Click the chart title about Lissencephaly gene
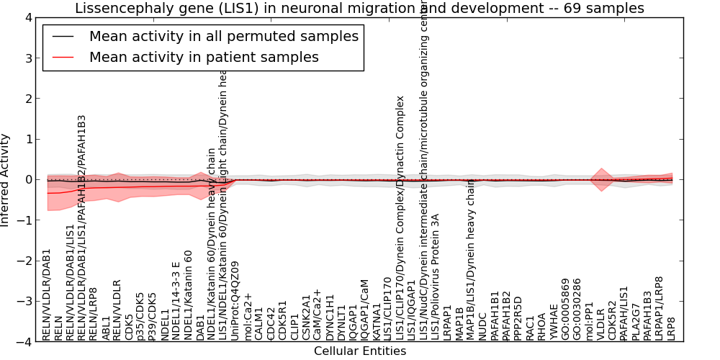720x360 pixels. point(359,8)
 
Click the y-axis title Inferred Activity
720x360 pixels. point(6,179)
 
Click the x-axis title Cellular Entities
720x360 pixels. point(359,351)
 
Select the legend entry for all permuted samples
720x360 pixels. point(223,36)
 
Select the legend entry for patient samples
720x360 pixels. point(204,57)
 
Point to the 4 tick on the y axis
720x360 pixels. point(28,18)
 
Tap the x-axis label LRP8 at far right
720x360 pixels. point(672,328)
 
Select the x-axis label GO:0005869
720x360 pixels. point(566,309)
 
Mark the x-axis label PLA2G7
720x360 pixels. point(636,321)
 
